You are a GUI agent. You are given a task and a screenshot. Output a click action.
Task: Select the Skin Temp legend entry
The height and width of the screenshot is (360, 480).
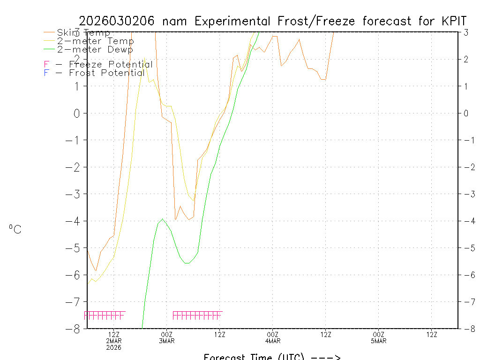pos(83,33)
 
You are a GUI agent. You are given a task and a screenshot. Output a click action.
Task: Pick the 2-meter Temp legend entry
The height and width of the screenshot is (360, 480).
pos(95,41)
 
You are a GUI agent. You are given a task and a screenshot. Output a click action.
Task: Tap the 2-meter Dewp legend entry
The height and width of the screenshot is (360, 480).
pos(95,49)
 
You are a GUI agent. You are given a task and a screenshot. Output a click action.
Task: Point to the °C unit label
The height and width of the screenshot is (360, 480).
pos(15,229)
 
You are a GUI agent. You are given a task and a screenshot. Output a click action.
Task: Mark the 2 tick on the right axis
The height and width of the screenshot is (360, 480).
pos(466,59)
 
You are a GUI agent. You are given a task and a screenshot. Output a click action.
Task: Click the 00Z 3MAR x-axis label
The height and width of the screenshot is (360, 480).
pos(167,337)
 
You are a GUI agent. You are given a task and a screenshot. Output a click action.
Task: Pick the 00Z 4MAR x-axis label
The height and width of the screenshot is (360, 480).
pos(273,337)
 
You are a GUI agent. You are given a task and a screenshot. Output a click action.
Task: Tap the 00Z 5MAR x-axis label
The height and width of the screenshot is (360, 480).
pos(379,337)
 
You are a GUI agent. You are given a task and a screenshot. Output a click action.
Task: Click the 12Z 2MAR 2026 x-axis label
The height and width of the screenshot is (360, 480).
pos(114,340)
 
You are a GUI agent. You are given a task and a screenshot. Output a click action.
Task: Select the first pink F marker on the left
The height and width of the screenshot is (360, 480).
pos(86,315)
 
